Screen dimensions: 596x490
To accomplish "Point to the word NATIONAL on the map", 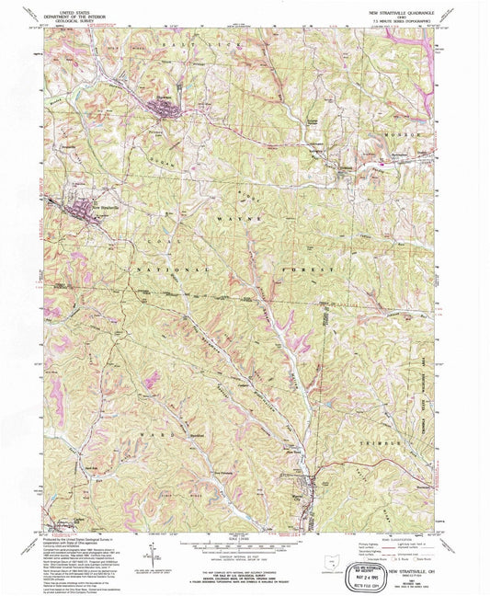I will click(172, 269).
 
